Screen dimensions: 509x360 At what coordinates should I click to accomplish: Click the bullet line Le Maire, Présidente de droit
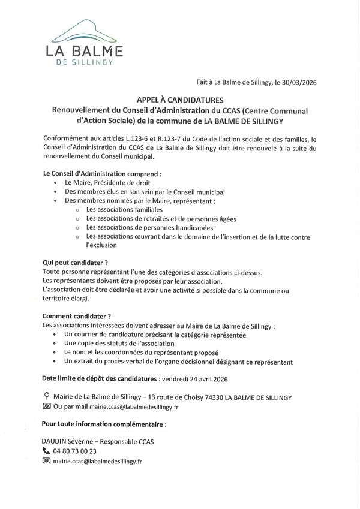(x=107, y=182)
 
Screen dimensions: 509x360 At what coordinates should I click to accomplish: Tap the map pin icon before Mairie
(x=46, y=397)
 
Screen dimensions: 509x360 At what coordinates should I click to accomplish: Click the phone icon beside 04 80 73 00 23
(x=46, y=451)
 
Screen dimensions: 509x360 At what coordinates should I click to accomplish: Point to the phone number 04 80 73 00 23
(x=75, y=451)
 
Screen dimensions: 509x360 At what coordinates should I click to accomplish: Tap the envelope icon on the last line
(x=46, y=461)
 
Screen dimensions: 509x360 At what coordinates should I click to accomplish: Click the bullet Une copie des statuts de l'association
(x=119, y=344)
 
